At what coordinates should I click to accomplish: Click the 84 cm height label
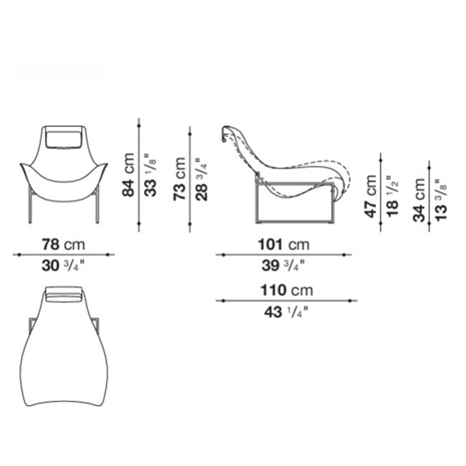[129, 175]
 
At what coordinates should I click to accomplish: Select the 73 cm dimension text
[180, 179]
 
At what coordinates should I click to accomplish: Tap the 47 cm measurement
[371, 196]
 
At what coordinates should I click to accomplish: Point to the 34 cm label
[419, 200]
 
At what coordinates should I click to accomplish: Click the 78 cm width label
[63, 244]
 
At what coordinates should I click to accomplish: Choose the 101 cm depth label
[283, 245]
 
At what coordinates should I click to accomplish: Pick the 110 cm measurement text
[287, 290]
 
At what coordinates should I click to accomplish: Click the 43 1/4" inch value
[286, 312]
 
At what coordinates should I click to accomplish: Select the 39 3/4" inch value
[283, 266]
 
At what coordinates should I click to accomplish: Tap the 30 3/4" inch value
[63, 266]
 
